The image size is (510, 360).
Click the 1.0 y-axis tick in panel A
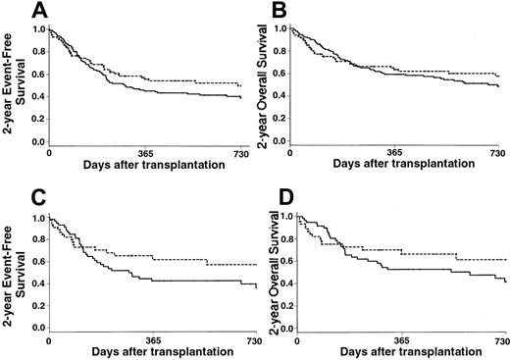point(37,29)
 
